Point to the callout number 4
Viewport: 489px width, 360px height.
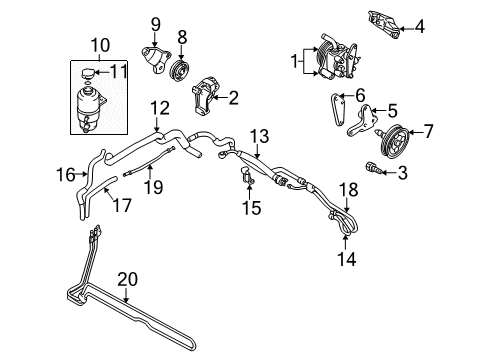pyautogui.click(x=420, y=27)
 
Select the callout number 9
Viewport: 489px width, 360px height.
pyautogui.click(x=155, y=23)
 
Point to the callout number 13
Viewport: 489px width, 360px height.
pyautogui.click(x=260, y=135)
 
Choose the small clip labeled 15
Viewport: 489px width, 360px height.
pyautogui.click(x=244, y=179)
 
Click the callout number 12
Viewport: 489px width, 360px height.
pyautogui.click(x=160, y=106)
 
